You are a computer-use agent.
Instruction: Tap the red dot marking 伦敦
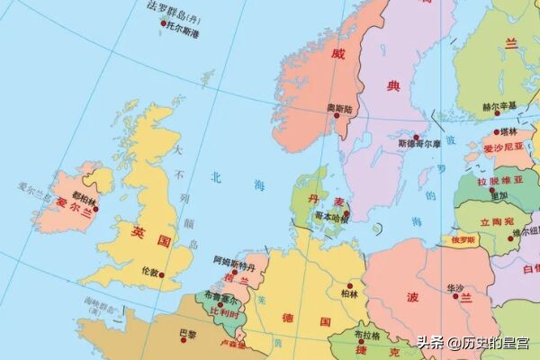tap(162, 276)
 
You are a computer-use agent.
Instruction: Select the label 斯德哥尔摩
tap(419, 143)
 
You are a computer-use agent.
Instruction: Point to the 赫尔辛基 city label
tap(499, 105)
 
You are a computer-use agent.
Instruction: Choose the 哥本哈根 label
tap(330, 216)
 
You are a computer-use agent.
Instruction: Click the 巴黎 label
tap(187, 334)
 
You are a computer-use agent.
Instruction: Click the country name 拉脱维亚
tap(494, 179)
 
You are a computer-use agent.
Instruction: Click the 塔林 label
tap(508, 131)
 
